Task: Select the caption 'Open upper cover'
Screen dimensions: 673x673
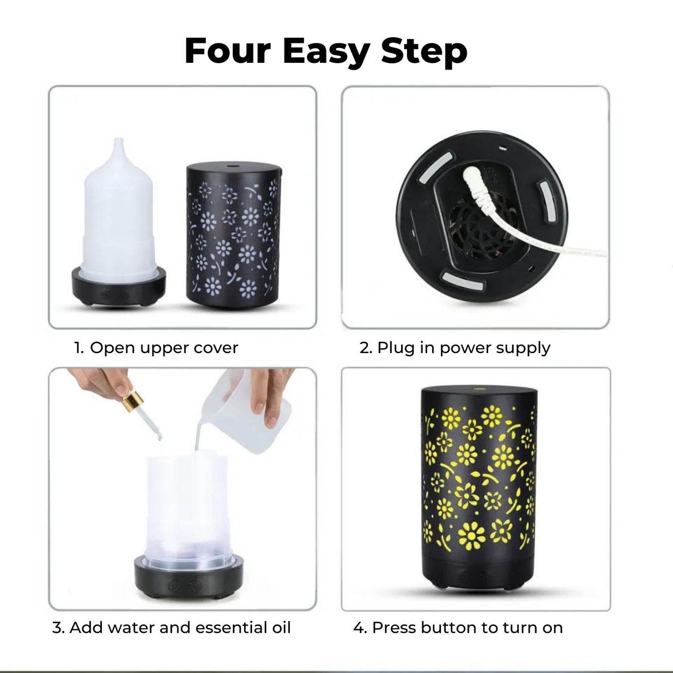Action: coord(163,348)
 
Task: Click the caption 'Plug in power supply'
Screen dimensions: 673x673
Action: coord(463,348)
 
